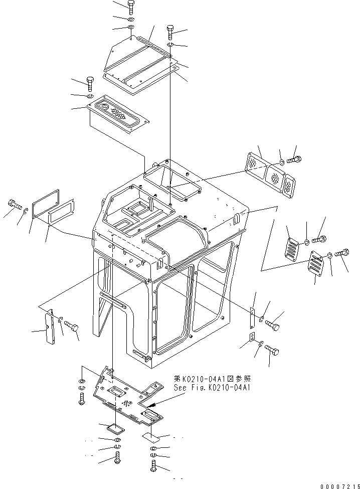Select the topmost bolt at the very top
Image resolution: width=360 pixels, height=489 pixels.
[131, 7]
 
